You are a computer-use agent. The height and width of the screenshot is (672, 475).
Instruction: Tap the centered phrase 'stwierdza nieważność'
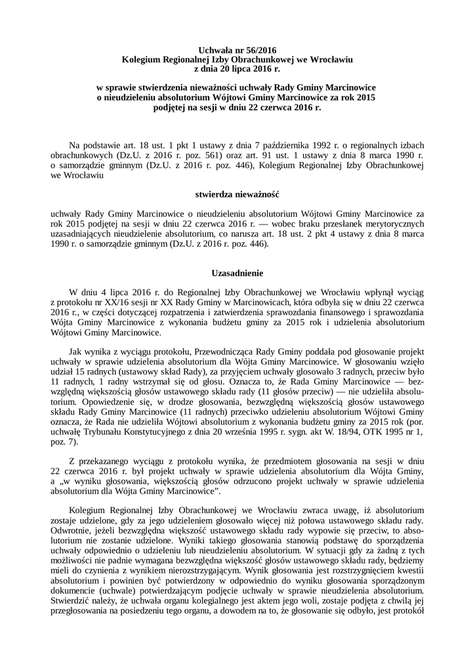[237, 195]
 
